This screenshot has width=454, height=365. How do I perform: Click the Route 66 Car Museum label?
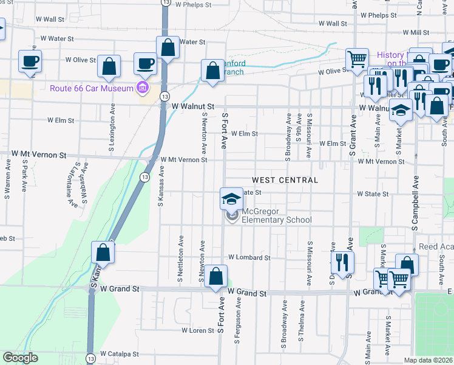coord(92,89)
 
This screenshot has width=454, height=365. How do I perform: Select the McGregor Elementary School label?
coord(277,216)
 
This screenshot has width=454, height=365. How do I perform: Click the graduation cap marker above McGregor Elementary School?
coord(231,198)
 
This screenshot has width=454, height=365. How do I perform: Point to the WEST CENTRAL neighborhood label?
coord(285,180)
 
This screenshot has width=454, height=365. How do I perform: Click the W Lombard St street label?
coord(249,257)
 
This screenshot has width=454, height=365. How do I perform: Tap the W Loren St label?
coord(198,331)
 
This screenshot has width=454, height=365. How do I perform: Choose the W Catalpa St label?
coord(119,353)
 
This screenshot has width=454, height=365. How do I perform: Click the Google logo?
coord(21,358)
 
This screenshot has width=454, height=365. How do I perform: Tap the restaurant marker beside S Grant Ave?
coord(342,262)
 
